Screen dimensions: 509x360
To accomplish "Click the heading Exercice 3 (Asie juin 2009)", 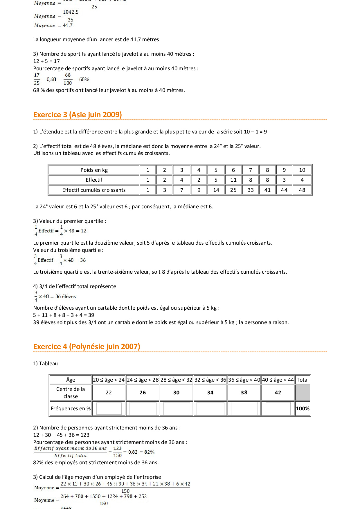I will [77, 115].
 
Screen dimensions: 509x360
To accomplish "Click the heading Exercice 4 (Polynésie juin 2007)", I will [87, 346].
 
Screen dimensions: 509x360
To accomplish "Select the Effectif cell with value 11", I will [233, 180].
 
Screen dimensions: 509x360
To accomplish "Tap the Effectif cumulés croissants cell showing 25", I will [233, 190].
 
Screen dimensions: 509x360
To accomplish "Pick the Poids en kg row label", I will [94, 170].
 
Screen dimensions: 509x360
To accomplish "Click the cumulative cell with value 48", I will [302, 190].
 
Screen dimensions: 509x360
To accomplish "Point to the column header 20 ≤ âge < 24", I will [109, 380].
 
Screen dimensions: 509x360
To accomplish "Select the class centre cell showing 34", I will [210, 393].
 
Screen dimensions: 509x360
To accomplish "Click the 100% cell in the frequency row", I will [303, 409].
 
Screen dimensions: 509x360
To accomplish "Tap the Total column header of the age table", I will [303, 380].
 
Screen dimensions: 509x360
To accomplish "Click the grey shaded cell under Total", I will [303, 393].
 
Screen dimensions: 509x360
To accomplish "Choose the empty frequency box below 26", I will [143, 409].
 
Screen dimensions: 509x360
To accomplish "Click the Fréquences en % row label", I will [71, 409].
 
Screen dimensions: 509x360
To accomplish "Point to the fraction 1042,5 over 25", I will [71, 16].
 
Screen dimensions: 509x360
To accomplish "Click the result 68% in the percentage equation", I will [84, 80].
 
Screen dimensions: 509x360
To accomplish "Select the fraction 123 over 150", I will [117, 452].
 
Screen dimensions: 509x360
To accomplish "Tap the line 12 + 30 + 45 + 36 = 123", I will [61, 435].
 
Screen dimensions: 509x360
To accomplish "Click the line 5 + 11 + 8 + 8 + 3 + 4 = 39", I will [64, 315].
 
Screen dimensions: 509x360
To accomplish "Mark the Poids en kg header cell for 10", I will [302, 170].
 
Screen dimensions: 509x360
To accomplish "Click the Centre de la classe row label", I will [71, 393].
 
